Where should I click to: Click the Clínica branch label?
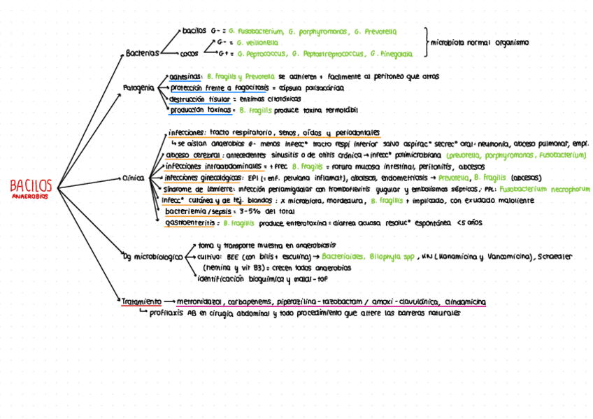(133, 178)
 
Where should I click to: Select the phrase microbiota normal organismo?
(479, 43)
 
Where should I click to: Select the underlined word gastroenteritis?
(188, 222)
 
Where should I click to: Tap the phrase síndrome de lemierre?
(198, 189)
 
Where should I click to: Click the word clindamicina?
(465, 301)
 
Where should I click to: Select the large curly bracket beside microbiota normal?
(424, 43)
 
